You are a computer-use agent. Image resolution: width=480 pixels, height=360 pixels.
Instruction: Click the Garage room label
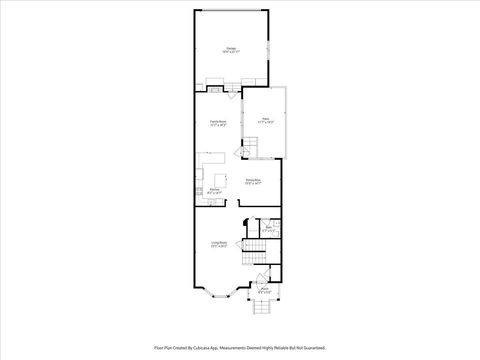[x=231, y=49]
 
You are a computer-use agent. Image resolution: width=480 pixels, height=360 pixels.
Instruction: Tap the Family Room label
[x=217, y=123]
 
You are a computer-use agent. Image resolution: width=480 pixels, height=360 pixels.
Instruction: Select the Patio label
[x=266, y=120]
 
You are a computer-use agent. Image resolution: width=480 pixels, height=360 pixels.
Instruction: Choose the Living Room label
[x=218, y=244]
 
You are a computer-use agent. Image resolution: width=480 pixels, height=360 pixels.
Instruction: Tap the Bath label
[x=268, y=229]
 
